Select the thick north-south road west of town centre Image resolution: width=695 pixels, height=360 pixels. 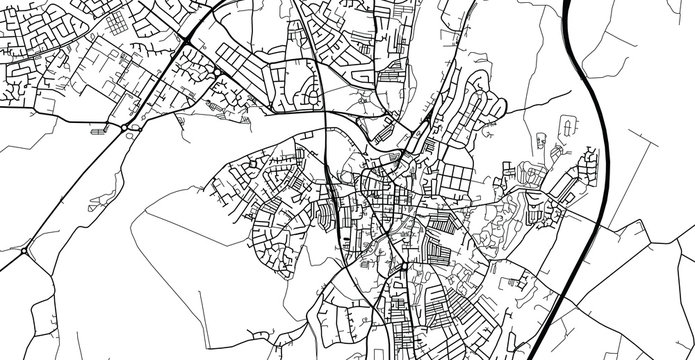[x=331, y=180]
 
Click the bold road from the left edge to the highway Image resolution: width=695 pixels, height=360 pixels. [x=60, y=118]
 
